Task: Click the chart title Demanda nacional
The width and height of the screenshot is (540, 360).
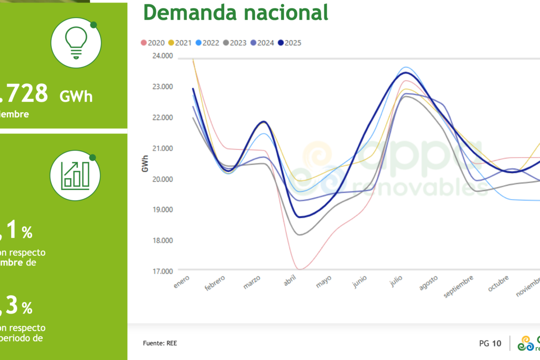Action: click(x=236, y=12)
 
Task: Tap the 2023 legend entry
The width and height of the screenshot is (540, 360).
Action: click(x=235, y=43)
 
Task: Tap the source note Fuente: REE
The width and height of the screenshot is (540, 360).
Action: click(x=160, y=343)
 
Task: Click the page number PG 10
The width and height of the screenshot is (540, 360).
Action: click(x=490, y=343)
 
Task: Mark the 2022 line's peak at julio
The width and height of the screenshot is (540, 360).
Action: click(x=406, y=67)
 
